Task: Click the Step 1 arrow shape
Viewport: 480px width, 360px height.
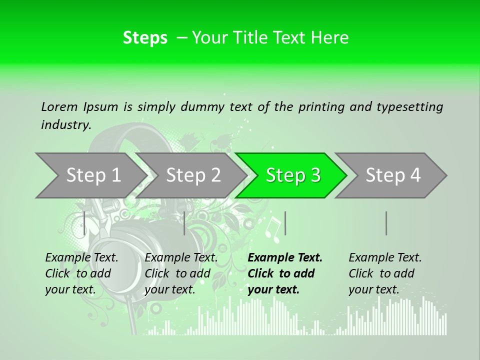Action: [x=90, y=175]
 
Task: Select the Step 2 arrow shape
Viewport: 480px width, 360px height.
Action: [x=193, y=175]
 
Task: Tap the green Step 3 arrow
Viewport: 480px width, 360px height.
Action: [x=292, y=175]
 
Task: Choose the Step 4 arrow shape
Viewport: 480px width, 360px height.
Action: [x=392, y=175]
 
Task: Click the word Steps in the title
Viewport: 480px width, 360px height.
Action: [x=145, y=38]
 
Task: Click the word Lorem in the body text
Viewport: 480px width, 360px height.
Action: [x=59, y=106]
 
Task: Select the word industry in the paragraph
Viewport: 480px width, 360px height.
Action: [x=65, y=124]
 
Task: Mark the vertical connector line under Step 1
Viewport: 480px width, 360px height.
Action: [x=84, y=223]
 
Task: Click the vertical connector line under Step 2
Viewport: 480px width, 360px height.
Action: [x=184, y=223]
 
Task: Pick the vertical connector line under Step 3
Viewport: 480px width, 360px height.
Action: [x=285, y=223]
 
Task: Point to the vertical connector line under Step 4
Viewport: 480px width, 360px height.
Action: [x=386, y=223]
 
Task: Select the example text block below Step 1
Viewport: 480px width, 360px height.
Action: [x=81, y=273]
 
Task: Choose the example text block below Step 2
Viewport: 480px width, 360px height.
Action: [x=181, y=273]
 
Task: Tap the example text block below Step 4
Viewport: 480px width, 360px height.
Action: [x=385, y=273]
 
